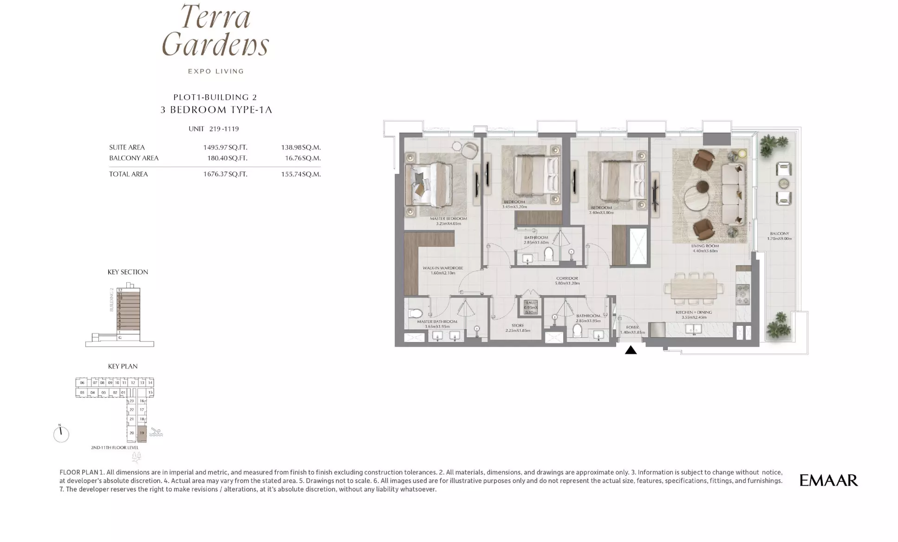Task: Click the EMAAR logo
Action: (828, 480)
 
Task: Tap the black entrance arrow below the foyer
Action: (631, 350)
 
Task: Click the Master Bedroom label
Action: (448, 219)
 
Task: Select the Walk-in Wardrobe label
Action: (442, 268)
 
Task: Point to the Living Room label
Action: (705, 246)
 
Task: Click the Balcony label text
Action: (779, 234)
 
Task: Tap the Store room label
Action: (518, 326)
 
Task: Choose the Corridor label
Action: (567, 278)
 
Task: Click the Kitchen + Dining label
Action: (694, 312)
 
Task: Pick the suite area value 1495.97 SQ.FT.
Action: (225, 148)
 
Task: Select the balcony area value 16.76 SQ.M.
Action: (301, 158)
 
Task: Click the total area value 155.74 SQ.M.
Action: (301, 174)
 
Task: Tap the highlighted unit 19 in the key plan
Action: (142, 433)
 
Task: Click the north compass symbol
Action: (61, 434)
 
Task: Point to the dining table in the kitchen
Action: (694, 289)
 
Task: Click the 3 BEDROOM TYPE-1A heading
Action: (216, 110)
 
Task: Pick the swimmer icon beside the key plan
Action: (156, 432)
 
